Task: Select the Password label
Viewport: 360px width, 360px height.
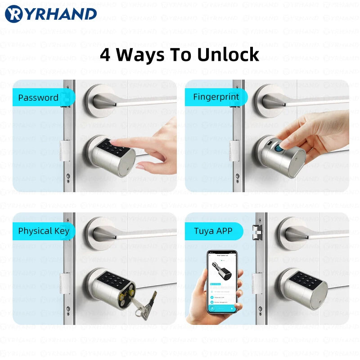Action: pos(38,98)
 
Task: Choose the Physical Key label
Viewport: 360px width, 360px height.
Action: pos(44,231)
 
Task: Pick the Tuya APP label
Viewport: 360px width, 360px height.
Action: pos(213,231)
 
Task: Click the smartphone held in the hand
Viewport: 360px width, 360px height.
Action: pos(222,282)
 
